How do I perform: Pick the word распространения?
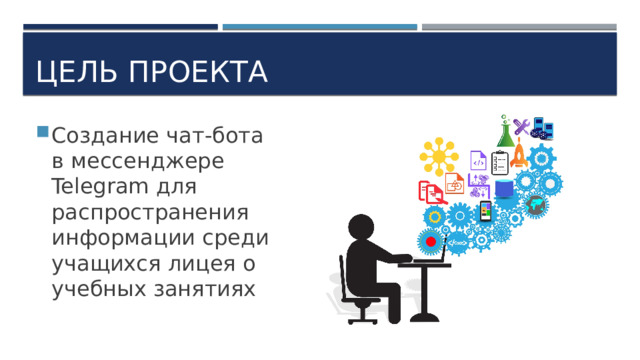149,212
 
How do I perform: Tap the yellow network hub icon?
438,157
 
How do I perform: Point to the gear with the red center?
431,241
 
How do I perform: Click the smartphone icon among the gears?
486,211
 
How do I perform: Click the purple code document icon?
479,161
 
